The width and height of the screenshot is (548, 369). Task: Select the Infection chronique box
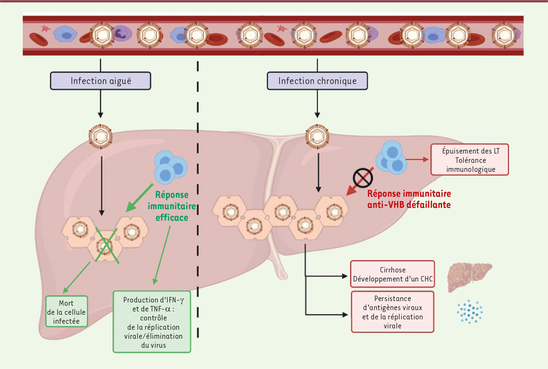pyautogui.click(x=317, y=82)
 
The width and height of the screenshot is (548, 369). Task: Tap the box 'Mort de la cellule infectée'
pyautogui.click(x=66, y=312)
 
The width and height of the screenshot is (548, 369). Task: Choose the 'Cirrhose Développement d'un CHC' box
pyautogui.click(x=392, y=274)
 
